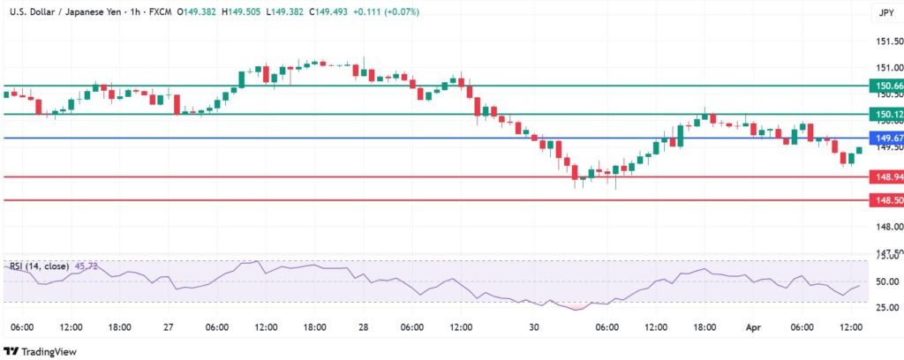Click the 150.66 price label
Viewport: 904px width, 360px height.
pos(885,86)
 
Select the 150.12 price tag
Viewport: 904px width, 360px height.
pos(885,115)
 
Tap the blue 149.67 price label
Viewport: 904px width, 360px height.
pos(885,139)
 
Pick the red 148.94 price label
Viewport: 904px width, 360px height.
pos(885,177)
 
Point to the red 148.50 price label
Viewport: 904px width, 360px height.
pos(885,201)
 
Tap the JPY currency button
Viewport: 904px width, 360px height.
pos(885,12)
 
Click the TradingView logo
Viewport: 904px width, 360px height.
pos(45,351)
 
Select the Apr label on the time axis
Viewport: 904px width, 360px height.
pos(753,327)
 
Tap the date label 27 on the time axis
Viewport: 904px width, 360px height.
pos(169,327)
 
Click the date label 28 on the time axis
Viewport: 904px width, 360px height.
pos(364,327)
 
